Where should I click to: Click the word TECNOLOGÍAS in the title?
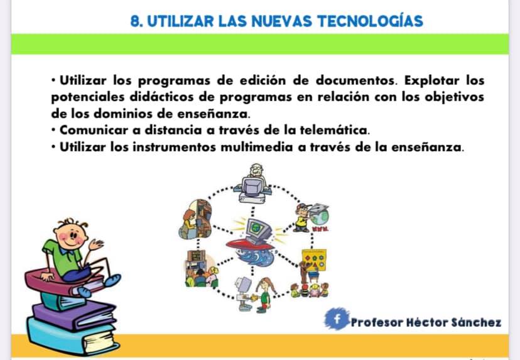(370, 21)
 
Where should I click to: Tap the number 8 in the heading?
(135, 21)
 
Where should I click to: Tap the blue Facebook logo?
(337, 319)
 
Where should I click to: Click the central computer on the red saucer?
(257, 231)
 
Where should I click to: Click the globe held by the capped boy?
(320, 215)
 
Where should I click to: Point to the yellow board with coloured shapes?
(314, 260)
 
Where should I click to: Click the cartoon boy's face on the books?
(70, 235)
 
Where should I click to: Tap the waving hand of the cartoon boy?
(95, 244)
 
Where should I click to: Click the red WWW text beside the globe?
(320, 229)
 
